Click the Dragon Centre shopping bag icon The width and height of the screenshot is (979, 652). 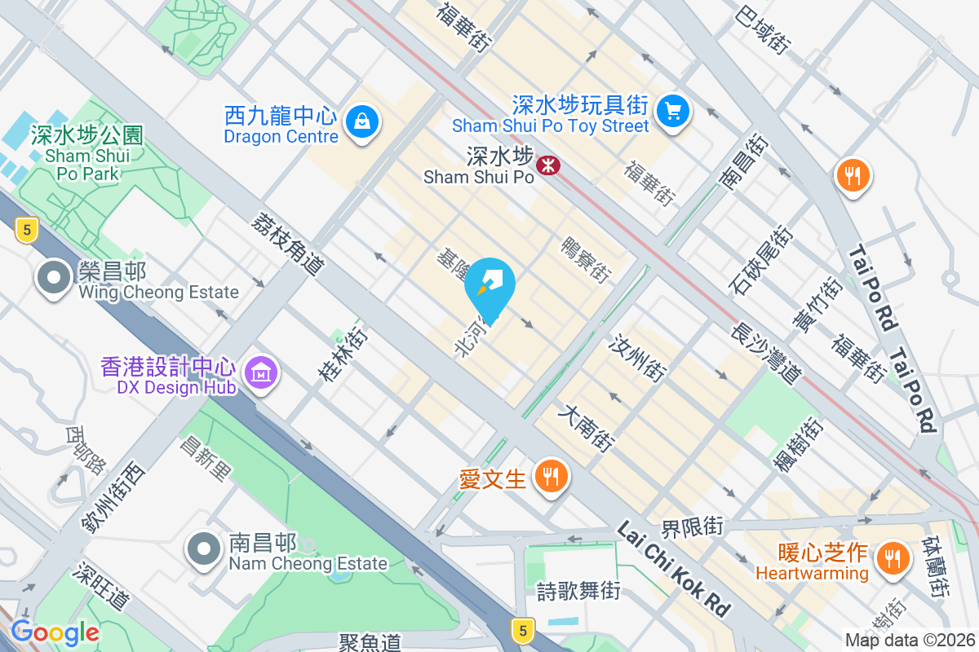point(360,122)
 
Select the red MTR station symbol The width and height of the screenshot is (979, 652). point(547,166)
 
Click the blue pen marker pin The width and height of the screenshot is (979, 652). point(492,285)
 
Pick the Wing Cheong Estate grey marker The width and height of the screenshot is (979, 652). point(54,278)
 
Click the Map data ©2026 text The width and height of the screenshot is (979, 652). point(910,641)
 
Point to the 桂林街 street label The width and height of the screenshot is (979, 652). point(341,355)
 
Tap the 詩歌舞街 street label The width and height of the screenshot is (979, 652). point(578,591)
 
